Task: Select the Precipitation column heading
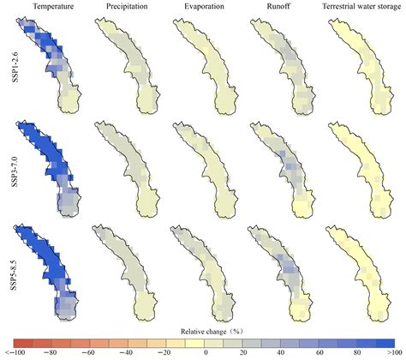[125, 8]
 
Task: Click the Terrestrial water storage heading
[357, 8]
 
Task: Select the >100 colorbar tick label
[390, 353]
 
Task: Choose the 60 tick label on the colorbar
[314, 353]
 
